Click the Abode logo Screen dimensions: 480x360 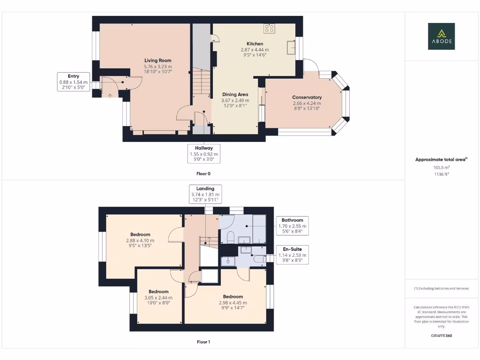point(441,36)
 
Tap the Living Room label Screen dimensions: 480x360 point(158,60)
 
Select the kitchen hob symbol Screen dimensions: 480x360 point(270,29)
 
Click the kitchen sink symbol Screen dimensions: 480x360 point(291,47)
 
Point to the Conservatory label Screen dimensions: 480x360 point(307,97)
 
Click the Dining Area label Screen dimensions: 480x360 point(235,95)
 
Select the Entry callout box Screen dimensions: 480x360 point(74,82)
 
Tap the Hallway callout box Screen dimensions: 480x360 point(204,154)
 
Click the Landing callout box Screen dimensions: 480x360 point(205,194)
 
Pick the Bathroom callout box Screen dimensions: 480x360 point(292,225)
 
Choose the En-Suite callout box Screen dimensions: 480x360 point(292,255)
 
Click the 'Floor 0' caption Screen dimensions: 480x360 point(203,173)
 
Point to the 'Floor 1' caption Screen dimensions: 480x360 point(203,342)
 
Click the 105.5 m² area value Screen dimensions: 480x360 point(442,167)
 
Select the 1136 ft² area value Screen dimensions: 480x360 point(442,174)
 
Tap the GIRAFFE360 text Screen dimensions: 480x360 point(442,336)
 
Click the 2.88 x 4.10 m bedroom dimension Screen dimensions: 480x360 point(140,240)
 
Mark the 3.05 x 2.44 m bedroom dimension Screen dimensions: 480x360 point(158,298)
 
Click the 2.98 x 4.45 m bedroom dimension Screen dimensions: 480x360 point(233,303)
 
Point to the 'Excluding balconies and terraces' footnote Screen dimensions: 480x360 point(442,288)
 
